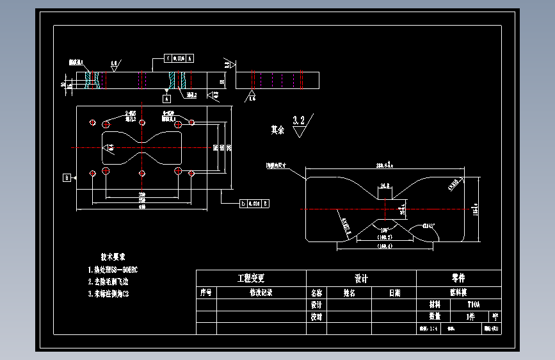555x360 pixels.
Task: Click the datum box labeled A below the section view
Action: (x=166, y=99)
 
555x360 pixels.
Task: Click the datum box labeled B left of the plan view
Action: (x=66, y=177)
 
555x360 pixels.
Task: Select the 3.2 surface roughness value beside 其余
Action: (x=299, y=120)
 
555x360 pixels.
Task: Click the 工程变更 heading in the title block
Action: (x=251, y=279)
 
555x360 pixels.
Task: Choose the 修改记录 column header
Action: (x=261, y=293)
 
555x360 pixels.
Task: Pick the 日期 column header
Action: (x=394, y=293)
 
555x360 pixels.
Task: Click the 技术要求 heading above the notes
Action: (x=113, y=256)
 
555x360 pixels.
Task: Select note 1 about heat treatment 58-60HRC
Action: (x=113, y=270)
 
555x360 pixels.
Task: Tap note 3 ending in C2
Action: (x=108, y=294)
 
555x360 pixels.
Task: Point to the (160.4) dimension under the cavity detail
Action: (x=385, y=246)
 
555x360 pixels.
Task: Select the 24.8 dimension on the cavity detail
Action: (x=385, y=186)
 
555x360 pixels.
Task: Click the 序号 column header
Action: (x=205, y=293)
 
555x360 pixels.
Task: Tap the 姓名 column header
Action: (x=349, y=293)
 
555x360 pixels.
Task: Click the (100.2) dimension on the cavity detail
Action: (x=385, y=237)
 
